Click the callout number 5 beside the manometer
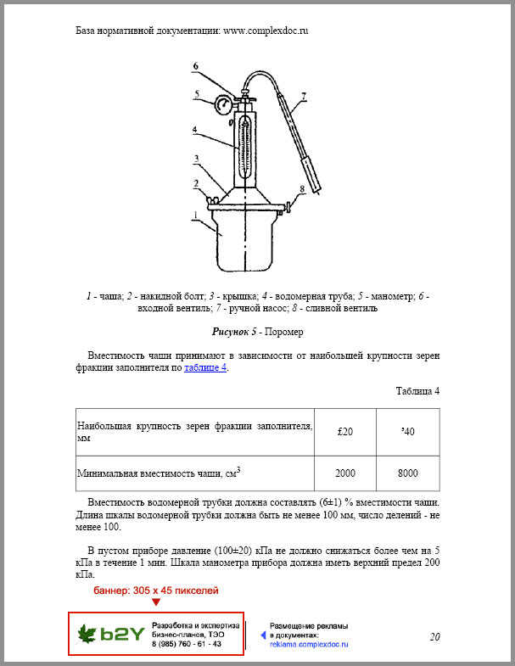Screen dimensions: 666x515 coord(196,94)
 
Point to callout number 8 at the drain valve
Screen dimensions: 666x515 coord(300,190)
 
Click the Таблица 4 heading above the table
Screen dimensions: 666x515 coord(417,391)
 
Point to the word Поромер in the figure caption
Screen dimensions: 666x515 coord(285,332)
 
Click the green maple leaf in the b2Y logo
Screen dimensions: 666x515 coord(87,634)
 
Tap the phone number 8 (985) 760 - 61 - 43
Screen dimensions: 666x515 coord(187,644)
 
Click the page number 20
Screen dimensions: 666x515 coord(435,637)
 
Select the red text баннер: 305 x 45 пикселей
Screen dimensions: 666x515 coord(155,589)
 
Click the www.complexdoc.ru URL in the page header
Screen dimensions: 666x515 coord(265,30)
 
